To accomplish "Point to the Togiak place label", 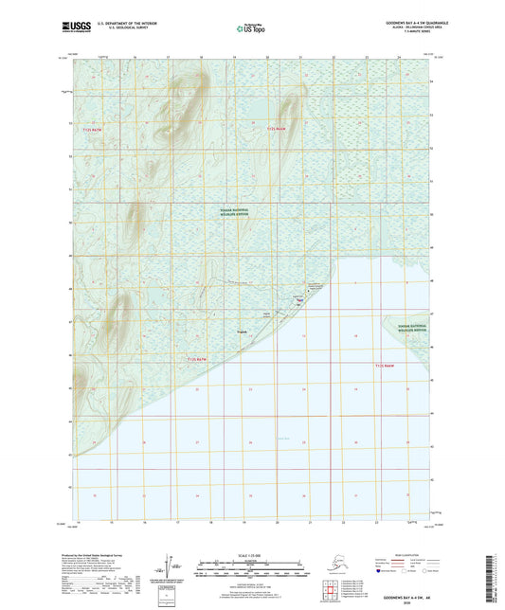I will [243, 331].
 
